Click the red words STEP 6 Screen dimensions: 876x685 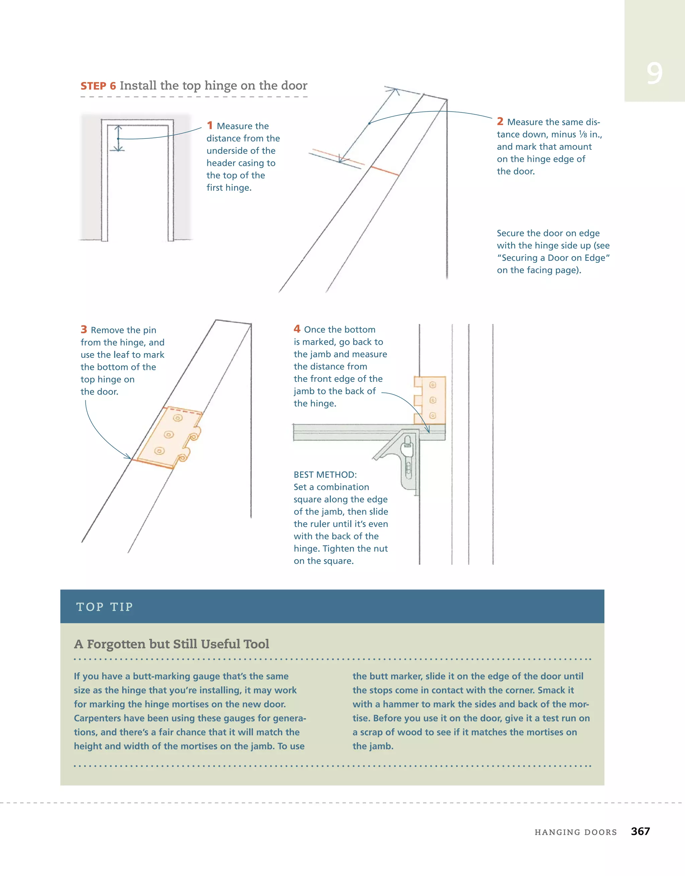[98, 86]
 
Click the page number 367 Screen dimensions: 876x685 [640, 831]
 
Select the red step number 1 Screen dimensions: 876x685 [209, 125]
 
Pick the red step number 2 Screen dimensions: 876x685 [500, 121]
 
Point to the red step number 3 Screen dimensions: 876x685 [84, 329]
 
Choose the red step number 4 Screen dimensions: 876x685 [297, 329]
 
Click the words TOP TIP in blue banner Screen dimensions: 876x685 [104, 607]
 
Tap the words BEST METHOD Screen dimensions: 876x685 [325, 474]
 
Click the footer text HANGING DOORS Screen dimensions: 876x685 [575, 832]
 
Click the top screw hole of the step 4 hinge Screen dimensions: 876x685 [432, 385]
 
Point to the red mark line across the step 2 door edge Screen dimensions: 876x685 [384, 171]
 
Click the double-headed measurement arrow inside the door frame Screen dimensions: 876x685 [118, 138]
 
